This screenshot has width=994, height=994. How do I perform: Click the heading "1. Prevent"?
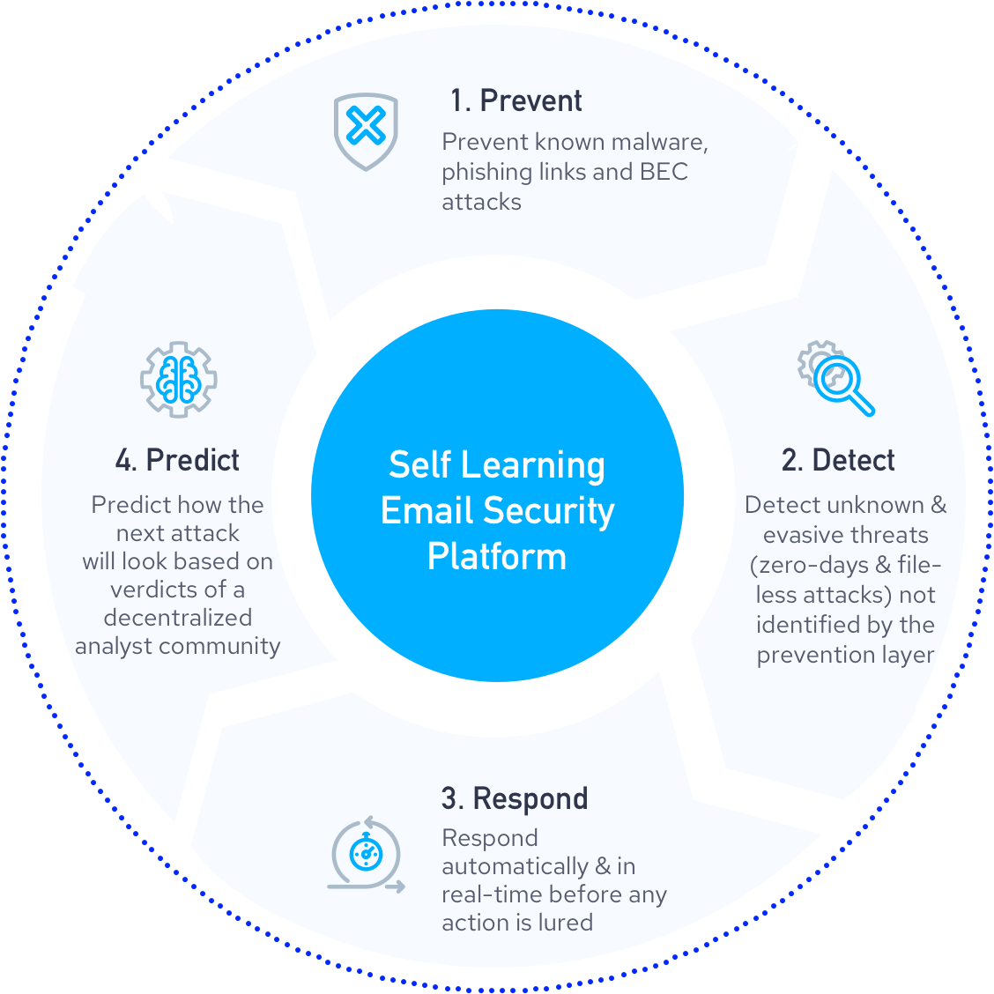pos(516,101)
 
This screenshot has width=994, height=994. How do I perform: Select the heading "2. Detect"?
pos(838,460)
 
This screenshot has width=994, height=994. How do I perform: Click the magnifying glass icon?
pos(838,380)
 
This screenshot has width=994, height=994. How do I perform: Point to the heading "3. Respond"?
pos(515,798)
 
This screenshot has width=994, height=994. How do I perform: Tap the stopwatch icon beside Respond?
pos(366,853)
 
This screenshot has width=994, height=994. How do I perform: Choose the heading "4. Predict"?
pos(177,460)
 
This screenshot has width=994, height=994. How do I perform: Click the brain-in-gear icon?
pos(179,379)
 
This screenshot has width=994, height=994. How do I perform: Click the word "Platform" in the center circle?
pos(497,557)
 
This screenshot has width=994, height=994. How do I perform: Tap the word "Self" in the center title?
pos(419,465)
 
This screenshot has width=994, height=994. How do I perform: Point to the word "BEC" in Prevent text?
pos(664,172)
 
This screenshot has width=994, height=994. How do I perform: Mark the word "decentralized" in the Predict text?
pos(178,618)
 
